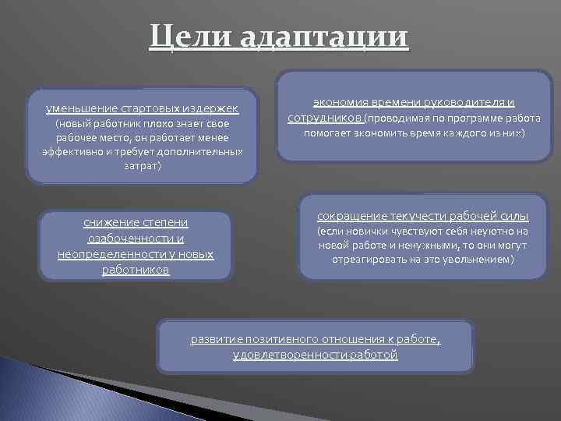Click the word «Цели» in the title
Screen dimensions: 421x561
pyautogui.click(x=191, y=37)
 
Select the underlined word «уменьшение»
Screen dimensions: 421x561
pyautogui.click(x=81, y=108)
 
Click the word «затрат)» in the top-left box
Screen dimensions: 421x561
pyautogui.click(x=141, y=165)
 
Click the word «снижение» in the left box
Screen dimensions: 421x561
pyautogui.click(x=110, y=223)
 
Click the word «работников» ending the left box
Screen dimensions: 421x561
pyautogui.click(x=136, y=270)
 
